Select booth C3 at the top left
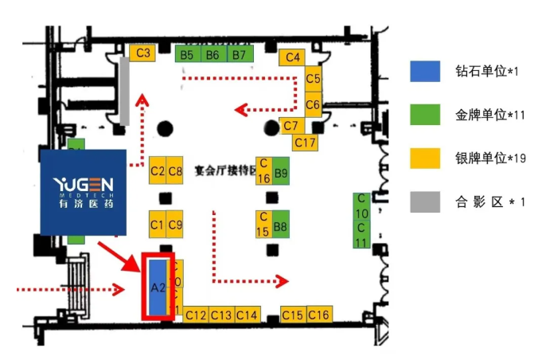click(143, 53)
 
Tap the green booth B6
click(212, 54)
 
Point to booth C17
click(305, 142)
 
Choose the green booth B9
click(280, 172)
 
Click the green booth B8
click(280, 226)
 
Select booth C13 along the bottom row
click(222, 315)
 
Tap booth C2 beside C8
click(158, 170)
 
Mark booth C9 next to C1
click(175, 224)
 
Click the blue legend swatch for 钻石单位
click(425, 72)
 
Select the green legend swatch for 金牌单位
click(425, 115)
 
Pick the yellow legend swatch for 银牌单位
click(425, 158)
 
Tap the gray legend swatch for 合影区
click(425, 202)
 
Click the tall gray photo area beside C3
click(125, 91)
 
